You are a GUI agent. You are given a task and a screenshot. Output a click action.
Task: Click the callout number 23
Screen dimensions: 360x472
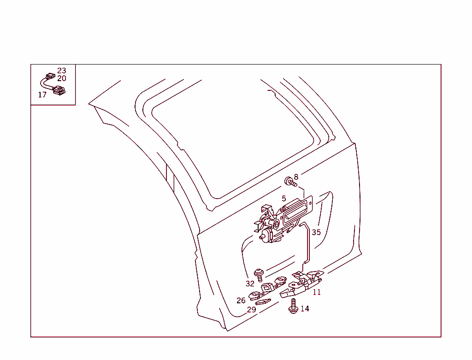point(62,71)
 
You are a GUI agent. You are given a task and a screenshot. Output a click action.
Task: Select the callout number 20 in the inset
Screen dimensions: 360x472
point(62,79)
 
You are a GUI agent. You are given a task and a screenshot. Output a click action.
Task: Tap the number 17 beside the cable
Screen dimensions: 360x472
point(42,95)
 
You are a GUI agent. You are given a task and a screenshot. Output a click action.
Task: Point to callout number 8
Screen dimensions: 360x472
point(296,177)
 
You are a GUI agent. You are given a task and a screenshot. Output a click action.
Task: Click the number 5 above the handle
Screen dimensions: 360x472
point(284,199)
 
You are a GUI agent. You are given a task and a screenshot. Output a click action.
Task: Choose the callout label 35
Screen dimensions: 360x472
point(316,232)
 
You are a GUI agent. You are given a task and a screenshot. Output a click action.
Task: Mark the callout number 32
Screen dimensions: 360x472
point(250,283)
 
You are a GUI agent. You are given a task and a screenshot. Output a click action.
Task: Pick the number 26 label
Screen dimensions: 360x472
point(241,301)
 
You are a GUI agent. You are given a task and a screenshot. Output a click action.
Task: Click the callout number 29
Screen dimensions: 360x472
point(251,310)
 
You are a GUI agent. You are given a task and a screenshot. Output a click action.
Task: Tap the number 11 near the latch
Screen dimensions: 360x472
point(317,292)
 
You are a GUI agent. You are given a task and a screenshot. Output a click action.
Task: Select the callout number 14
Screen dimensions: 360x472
point(305,309)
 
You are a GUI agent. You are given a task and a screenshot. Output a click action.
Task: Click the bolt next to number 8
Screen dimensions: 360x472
point(290,182)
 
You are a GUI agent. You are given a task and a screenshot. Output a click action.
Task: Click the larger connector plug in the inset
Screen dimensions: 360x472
point(59,91)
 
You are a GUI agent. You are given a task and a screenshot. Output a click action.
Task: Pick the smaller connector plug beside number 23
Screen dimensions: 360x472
point(49,76)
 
